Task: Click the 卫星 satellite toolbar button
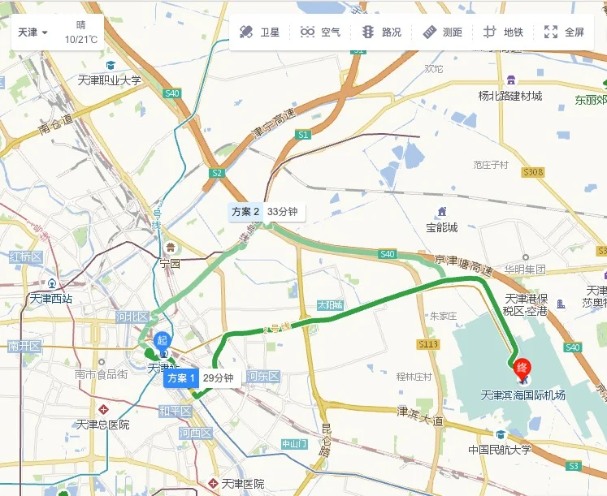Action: (259, 32)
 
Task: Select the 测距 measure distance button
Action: (443, 32)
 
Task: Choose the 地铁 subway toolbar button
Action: (504, 32)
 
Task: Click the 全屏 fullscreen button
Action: (565, 32)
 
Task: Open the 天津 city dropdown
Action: (33, 32)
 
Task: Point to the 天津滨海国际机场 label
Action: (522, 396)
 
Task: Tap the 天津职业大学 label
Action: (109, 80)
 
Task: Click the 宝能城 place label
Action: (442, 227)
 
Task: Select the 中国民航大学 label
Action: (499, 450)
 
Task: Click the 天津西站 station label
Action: (50, 298)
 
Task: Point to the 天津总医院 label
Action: (102, 424)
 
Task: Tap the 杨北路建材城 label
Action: (509, 96)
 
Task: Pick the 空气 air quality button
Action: (320, 32)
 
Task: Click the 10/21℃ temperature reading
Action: (81, 39)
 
